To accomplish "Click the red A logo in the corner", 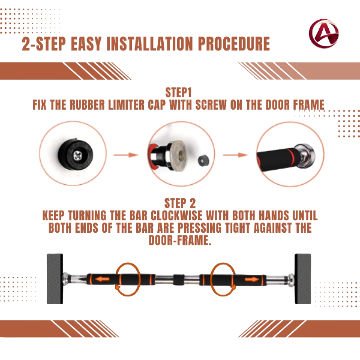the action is (324, 34).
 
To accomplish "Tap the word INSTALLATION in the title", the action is (149, 44).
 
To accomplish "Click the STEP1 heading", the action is (178, 92).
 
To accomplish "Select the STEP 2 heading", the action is (180, 203).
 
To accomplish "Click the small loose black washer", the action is (203, 160).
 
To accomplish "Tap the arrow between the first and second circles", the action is (126, 155).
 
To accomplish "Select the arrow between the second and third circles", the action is (235, 155).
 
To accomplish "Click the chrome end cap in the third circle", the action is (305, 156).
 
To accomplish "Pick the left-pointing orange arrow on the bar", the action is (103, 279).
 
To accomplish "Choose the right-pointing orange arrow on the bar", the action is (252, 279).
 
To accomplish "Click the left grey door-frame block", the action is (55, 279).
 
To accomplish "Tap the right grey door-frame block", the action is (302, 279).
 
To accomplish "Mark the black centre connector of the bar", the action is (179, 280).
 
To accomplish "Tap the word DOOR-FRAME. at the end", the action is (180, 240).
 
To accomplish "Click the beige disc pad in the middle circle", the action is (179, 155).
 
